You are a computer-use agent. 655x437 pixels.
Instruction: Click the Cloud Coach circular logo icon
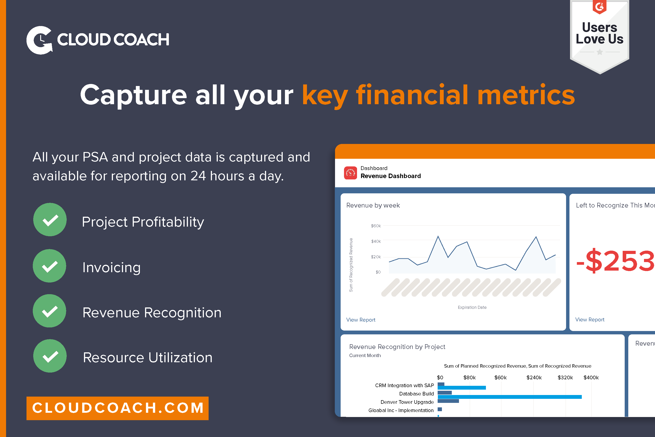tap(39, 40)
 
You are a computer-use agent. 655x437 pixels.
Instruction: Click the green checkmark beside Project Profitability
tap(50, 220)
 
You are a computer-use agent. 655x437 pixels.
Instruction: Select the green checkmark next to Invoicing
tap(50, 266)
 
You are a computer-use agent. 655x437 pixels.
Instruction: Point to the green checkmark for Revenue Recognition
tap(50, 311)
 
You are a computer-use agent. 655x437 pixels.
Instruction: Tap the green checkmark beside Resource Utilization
tap(50, 356)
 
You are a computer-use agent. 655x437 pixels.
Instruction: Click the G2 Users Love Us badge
tap(599, 35)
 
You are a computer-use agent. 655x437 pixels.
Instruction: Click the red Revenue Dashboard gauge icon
tap(350, 173)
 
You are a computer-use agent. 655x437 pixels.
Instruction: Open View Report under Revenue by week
tap(361, 320)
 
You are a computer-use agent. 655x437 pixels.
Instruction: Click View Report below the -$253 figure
tap(589, 319)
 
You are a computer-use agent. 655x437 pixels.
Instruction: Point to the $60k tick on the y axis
tap(376, 226)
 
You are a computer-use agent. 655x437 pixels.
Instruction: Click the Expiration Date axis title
tap(472, 307)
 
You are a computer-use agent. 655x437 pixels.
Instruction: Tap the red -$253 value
tap(614, 261)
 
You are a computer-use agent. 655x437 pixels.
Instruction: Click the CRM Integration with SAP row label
tap(404, 385)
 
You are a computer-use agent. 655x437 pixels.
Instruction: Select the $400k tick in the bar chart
tap(591, 377)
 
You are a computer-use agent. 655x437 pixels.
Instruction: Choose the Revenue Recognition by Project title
tap(397, 347)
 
